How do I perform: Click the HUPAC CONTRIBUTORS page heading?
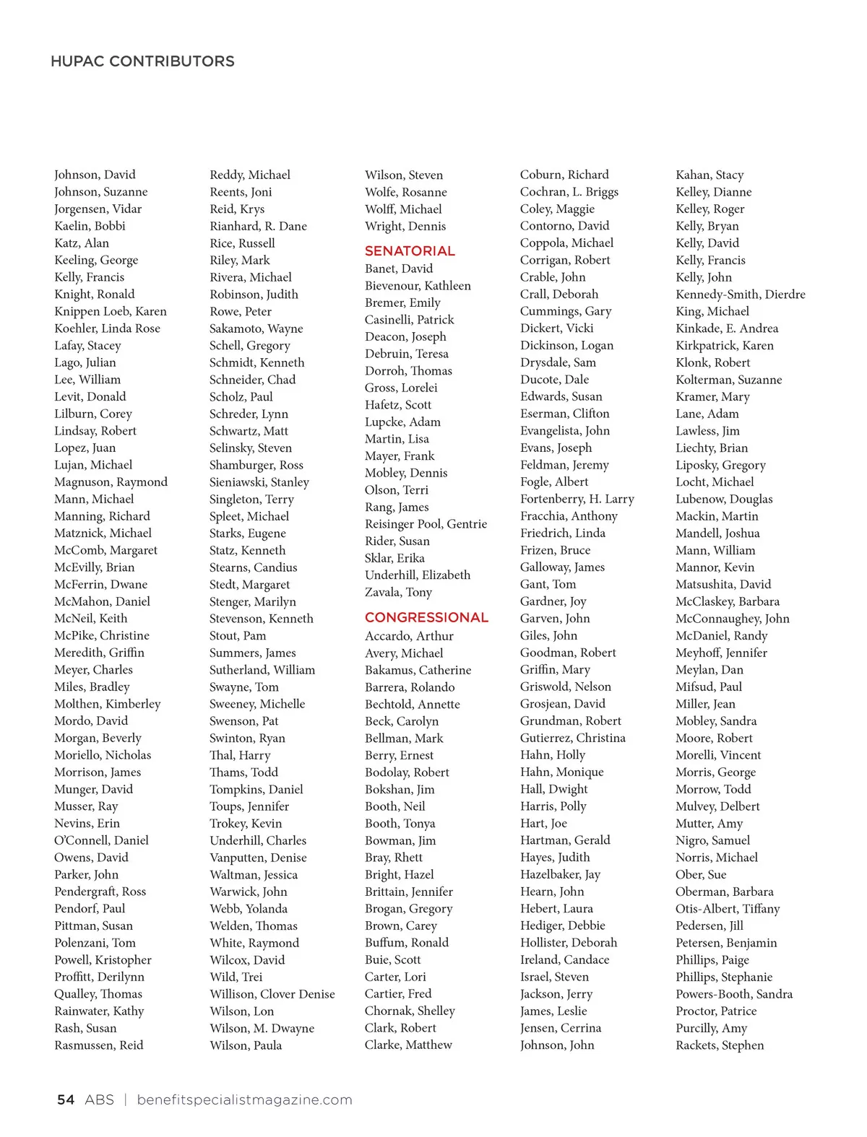(x=142, y=61)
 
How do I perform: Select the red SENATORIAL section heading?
(x=410, y=251)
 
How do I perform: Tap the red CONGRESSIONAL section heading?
(x=426, y=617)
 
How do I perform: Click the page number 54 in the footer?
(x=66, y=1099)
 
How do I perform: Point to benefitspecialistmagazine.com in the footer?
(x=244, y=1099)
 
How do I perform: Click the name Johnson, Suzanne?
(x=100, y=192)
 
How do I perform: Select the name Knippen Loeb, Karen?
(x=110, y=311)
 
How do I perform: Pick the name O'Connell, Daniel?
(x=101, y=840)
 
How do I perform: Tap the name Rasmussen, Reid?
(x=98, y=1045)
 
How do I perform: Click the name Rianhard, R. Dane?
(x=258, y=226)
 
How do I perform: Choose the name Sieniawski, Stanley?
(x=259, y=482)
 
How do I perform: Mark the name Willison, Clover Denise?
(x=272, y=994)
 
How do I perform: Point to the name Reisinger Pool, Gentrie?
(x=426, y=524)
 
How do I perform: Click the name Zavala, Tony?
(x=398, y=592)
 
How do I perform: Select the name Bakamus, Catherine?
(x=418, y=670)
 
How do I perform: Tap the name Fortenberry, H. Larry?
(x=577, y=499)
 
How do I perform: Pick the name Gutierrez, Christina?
(x=572, y=738)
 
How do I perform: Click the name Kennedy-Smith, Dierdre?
(x=740, y=294)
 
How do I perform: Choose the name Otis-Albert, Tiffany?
(x=727, y=909)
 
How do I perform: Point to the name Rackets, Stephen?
(x=719, y=1045)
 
